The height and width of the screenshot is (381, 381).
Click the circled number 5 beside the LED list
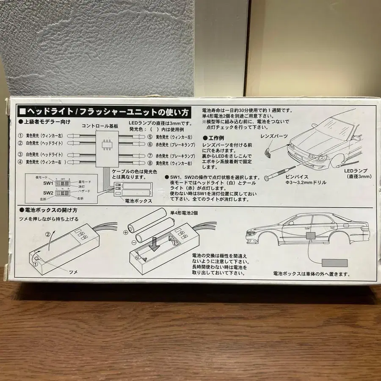click(x=150, y=137)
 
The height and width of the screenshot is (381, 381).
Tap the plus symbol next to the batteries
click(x=126, y=232)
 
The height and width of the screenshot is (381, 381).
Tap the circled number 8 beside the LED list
click(x=150, y=163)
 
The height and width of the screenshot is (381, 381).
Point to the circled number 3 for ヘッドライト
click(x=20, y=155)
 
